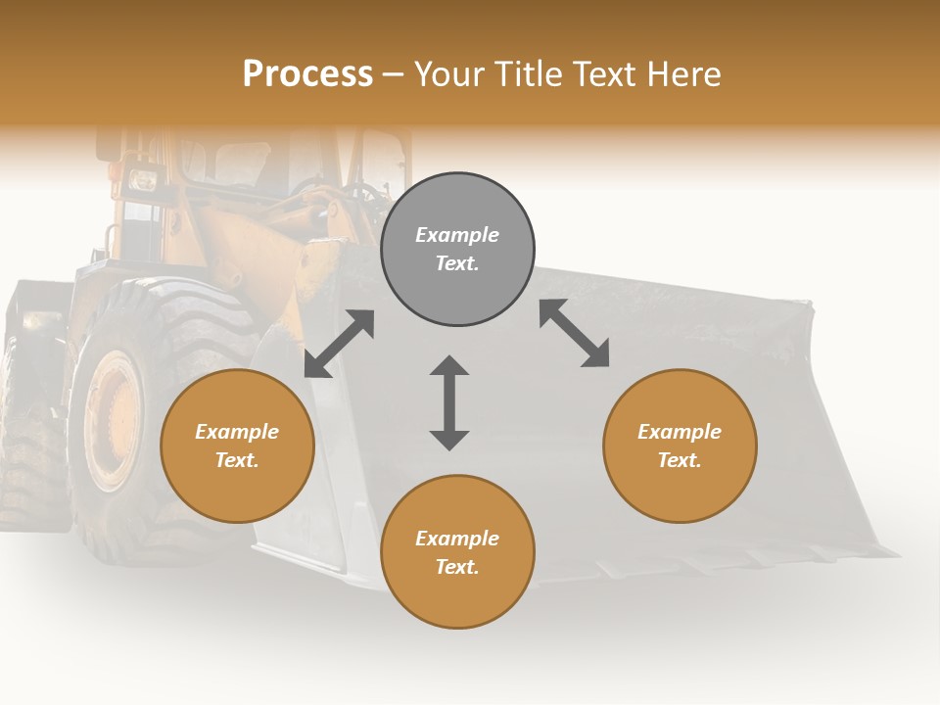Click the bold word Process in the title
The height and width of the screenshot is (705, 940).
click(307, 74)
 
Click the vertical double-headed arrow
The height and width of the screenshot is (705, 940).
click(449, 402)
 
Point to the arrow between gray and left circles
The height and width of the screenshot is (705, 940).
click(339, 344)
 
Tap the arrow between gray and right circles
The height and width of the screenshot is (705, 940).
click(575, 333)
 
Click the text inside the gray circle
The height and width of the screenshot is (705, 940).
click(457, 249)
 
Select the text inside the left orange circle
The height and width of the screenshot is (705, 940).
click(237, 446)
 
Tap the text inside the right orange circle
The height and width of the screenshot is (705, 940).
click(680, 446)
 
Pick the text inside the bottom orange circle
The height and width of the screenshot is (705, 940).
click(457, 552)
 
